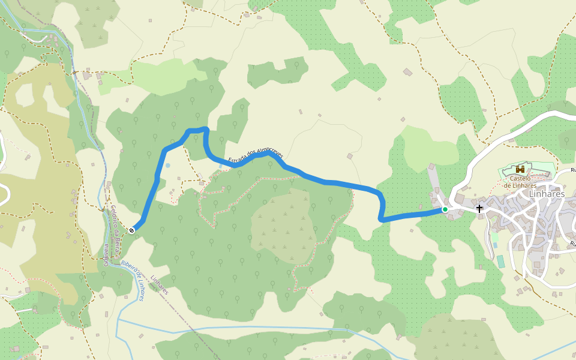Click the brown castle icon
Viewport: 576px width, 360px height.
520,170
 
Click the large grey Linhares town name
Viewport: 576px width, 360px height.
547,194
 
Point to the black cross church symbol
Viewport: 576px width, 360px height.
479,208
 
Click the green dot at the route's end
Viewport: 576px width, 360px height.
445,209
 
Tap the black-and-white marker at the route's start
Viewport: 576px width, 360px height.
132,229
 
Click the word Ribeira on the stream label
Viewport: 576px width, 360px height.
128,264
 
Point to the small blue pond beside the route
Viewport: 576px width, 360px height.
168,165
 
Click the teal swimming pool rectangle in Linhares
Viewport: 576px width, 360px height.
500,262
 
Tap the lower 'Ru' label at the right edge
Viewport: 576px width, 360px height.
572,244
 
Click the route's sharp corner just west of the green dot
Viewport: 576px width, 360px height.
382,220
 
